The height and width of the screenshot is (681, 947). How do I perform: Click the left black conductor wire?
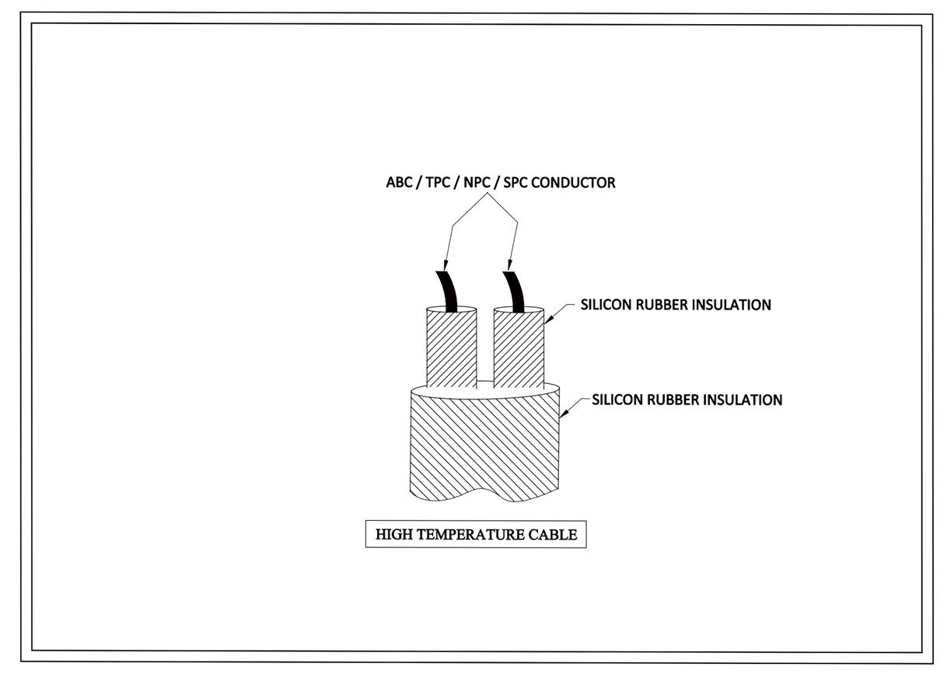click(x=448, y=291)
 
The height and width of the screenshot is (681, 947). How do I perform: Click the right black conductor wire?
click(x=514, y=289)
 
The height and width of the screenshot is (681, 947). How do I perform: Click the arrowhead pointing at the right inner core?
click(x=548, y=317)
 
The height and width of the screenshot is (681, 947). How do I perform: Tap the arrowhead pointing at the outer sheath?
click(x=564, y=414)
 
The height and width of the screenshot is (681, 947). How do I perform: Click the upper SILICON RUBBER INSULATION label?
click(x=676, y=306)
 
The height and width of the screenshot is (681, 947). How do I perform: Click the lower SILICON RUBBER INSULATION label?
click(x=687, y=400)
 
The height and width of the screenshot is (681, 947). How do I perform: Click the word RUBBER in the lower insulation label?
click(x=675, y=400)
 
